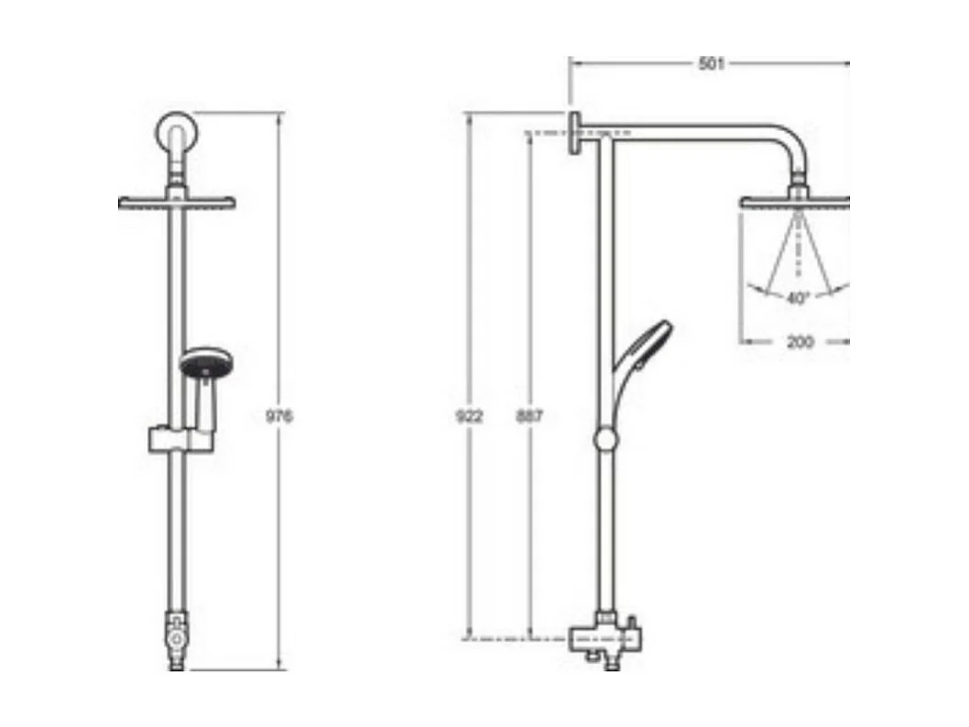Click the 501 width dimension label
pos(711,63)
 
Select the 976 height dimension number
pos(278,416)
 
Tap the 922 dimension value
pos(469,416)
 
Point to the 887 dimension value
pos(528,416)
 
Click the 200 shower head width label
pos(800,342)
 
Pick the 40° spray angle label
pos(797,298)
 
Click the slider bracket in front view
pos(179,440)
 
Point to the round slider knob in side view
pos(606,439)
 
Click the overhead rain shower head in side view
pos(794,202)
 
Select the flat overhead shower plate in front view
pos(177,203)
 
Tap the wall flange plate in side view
pos(574,134)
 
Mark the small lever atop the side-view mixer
pos(632,624)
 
